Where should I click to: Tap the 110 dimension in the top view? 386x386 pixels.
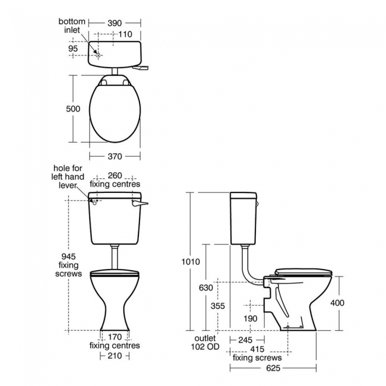click(125, 34)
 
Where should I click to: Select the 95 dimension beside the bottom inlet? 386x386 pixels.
click(74, 49)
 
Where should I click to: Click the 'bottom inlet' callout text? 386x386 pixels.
click(71, 26)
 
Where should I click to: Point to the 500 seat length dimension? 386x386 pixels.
click(73, 109)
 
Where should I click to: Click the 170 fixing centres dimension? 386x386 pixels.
click(115, 336)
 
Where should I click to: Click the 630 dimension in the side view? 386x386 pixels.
click(205, 287)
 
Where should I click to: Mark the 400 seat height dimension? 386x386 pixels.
click(337, 303)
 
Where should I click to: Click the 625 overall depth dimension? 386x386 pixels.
click(273, 368)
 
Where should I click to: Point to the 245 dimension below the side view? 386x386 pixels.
click(246, 340)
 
